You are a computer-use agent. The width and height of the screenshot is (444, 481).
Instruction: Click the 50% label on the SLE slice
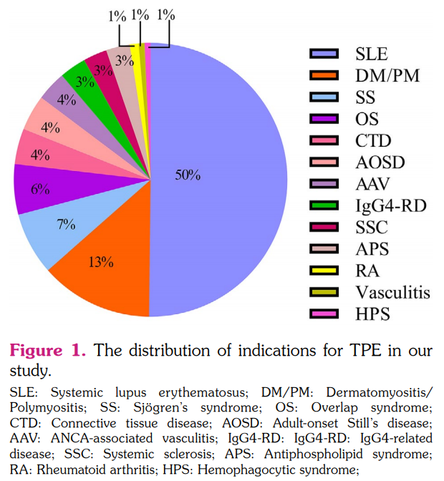(x=188, y=175)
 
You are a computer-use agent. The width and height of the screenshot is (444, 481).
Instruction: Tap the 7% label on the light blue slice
(x=67, y=224)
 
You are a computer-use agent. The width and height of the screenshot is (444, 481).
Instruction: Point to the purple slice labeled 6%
(x=40, y=189)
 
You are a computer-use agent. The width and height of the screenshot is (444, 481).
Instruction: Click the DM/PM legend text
(x=387, y=74)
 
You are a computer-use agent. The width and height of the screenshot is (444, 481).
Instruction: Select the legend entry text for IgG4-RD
(x=390, y=205)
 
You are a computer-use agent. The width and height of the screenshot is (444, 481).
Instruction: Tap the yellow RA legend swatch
(x=323, y=271)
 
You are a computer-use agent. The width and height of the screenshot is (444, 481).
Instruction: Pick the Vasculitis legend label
(x=393, y=292)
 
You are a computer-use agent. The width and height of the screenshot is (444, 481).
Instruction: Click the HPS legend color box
(x=323, y=314)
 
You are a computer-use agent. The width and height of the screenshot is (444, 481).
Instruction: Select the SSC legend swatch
(x=323, y=228)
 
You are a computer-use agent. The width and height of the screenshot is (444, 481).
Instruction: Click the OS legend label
(x=367, y=118)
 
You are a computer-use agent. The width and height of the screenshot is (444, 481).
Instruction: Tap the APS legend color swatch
(x=323, y=249)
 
